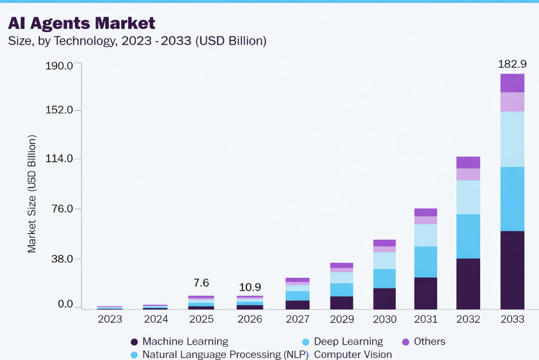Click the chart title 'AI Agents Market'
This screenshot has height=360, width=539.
click(x=82, y=23)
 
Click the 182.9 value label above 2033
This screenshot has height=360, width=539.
click(x=512, y=64)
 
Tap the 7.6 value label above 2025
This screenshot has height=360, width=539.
click(x=201, y=283)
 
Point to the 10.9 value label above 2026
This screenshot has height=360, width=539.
click(x=250, y=287)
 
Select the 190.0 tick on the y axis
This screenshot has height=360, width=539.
click(x=59, y=65)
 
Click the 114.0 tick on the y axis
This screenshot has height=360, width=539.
click(x=59, y=159)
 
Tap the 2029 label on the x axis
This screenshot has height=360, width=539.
click(x=342, y=319)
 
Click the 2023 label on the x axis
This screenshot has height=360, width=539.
click(x=110, y=319)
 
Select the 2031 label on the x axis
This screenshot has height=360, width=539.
click(x=426, y=319)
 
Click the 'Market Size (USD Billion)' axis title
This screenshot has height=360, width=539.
click(x=32, y=194)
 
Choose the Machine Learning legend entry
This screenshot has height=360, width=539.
click(x=185, y=342)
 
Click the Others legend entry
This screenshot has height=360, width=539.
click(x=429, y=342)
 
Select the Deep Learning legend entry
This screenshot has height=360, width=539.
click(x=348, y=342)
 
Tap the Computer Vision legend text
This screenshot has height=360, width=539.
click(x=352, y=354)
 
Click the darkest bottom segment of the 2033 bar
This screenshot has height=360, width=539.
click(x=512, y=270)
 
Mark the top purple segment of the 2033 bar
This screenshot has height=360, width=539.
click(x=512, y=83)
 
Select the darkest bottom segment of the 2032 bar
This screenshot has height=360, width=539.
click(x=468, y=284)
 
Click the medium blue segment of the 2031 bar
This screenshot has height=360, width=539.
click(x=426, y=262)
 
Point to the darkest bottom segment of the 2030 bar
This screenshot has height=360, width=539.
click(x=384, y=298)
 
